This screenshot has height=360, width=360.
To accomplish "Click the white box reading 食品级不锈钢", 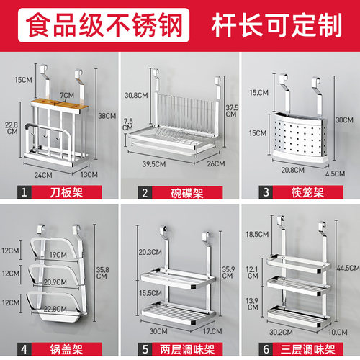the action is click(x=104, y=25).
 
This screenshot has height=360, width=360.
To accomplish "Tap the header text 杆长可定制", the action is click(x=276, y=25).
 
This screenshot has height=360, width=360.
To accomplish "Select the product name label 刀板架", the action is click(x=66, y=192).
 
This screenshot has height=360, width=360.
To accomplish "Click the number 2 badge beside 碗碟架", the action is click(x=145, y=193).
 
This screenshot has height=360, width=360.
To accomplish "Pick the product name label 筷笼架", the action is click(x=307, y=192).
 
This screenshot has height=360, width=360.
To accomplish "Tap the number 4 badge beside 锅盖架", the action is click(x=24, y=349).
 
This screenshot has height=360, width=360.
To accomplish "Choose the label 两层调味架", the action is click(x=187, y=349).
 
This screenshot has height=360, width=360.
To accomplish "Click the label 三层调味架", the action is click(x=308, y=349).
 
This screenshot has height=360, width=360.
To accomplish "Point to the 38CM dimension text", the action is click(x=107, y=116).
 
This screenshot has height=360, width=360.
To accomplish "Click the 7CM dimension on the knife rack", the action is click(x=67, y=95).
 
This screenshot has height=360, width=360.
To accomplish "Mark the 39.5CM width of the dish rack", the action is click(x=154, y=164).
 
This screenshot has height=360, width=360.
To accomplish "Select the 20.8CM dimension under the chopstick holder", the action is click(x=293, y=170).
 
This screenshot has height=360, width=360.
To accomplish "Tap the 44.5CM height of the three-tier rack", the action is click(x=348, y=268).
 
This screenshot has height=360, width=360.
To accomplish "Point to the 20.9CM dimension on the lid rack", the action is click(x=55, y=282).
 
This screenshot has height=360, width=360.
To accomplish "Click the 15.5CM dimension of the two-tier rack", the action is click(x=150, y=293).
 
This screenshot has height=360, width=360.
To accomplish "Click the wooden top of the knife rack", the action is click(x=59, y=104).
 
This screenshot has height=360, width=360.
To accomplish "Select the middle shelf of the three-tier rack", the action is click(x=299, y=286).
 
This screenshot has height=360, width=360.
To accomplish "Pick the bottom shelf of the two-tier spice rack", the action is click(x=178, y=313).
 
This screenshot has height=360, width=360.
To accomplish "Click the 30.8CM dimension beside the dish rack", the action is click(x=136, y=95).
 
